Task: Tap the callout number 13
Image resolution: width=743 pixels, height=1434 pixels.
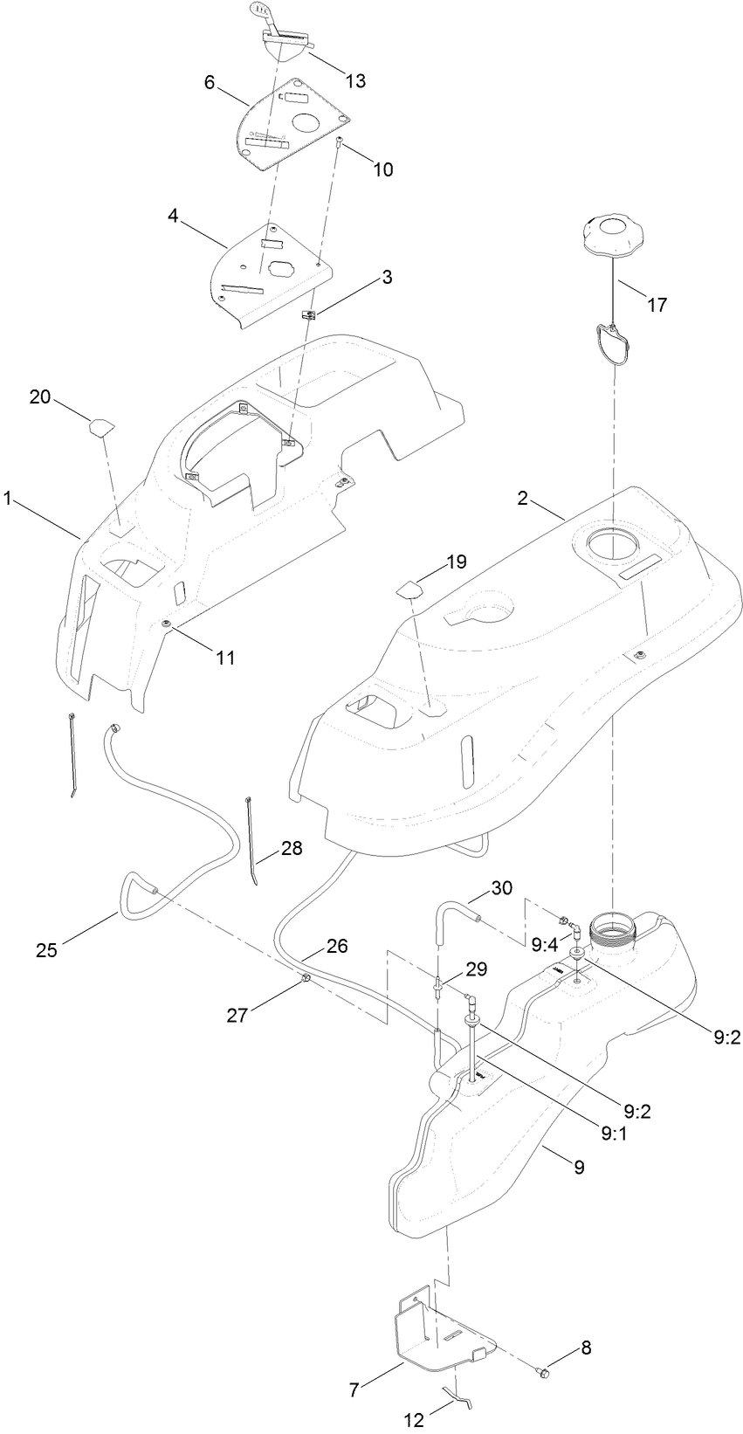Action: pyautogui.click(x=354, y=81)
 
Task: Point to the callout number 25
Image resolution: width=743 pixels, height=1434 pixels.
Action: pyautogui.click(x=46, y=949)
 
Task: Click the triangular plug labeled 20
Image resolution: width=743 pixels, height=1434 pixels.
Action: pyautogui.click(x=100, y=426)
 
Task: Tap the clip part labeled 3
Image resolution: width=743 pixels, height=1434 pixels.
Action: pyautogui.click(x=307, y=315)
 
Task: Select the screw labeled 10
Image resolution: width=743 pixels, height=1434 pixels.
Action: pyautogui.click(x=339, y=141)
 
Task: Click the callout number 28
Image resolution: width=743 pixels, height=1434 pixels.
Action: pyautogui.click(x=292, y=847)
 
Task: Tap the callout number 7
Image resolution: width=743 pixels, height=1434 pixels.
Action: pyautogui.click(x=354, y=1390)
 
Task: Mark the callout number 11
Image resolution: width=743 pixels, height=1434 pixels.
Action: pyautogui.click(x=225, y=658)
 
